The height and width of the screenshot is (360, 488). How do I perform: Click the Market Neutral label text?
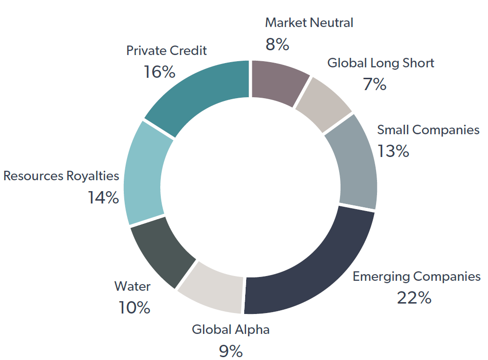coord(309,22)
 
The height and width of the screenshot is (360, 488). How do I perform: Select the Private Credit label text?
coord(166,50)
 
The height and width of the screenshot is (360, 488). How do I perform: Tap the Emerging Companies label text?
coord(416,276)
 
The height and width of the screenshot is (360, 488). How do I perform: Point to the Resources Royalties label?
coord(61,176)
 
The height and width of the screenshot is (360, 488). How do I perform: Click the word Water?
coord(132,286)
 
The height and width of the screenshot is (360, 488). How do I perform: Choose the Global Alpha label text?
coord(230,329)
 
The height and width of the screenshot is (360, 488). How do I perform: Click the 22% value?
coord(414,298)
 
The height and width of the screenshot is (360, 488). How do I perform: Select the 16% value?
coord(159,72)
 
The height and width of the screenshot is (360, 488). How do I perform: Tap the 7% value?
coord(375,84)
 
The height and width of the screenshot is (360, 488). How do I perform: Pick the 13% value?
coord(393,151)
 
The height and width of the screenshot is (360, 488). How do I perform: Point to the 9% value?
coord(230,351)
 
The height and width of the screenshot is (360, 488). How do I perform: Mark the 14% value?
coord(103,198)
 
